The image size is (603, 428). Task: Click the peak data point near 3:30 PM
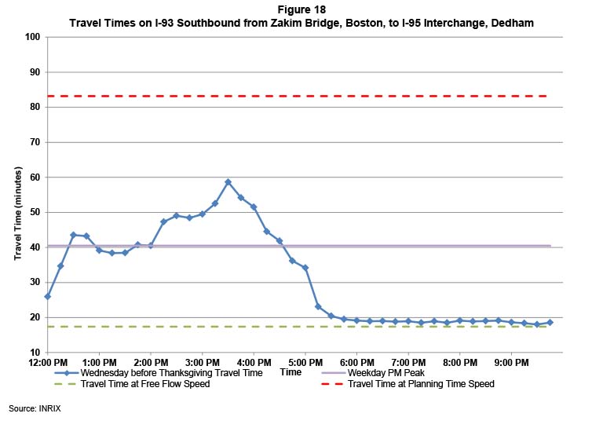(228, 182)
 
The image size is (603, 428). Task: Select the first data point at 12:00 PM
(47, 296)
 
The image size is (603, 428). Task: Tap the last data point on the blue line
(550, 323)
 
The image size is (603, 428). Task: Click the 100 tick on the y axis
(31, 37)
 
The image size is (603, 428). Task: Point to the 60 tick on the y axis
(34, 177)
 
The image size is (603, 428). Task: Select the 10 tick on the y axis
(34, 353)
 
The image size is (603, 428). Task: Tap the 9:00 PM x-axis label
(511, 362)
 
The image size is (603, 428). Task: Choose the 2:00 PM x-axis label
(150, 362)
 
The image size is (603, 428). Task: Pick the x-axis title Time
(291, 372)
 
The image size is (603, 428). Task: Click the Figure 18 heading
(301, 10)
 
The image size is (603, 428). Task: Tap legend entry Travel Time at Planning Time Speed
(421, 384)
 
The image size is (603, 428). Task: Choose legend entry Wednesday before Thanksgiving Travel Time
(171, 372)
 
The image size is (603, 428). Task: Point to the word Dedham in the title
(511, 24)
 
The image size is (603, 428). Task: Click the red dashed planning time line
(314, 96)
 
